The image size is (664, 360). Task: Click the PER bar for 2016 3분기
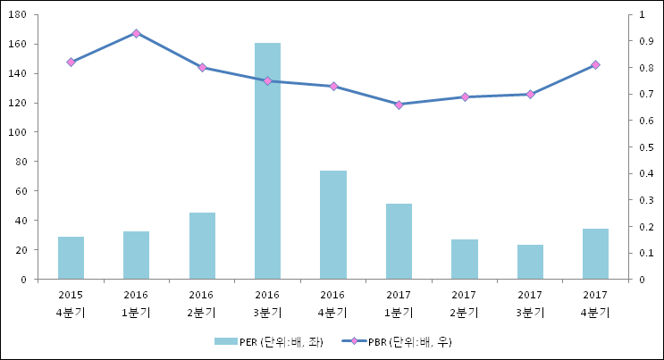267,161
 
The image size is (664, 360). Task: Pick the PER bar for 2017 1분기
399,241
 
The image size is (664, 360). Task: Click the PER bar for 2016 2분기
202,246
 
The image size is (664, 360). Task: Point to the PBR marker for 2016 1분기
136,33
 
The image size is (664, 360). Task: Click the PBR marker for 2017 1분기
399,105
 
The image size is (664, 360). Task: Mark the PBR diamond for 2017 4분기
595,65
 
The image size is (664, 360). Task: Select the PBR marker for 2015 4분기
71,63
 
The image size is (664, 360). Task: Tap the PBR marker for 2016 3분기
267,80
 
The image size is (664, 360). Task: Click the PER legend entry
265,342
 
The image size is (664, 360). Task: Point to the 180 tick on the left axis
20,15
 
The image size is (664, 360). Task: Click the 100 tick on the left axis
20,132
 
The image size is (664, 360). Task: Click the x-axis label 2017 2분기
464,303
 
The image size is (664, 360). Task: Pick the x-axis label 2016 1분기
136,303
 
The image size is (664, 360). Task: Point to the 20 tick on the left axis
22,250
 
